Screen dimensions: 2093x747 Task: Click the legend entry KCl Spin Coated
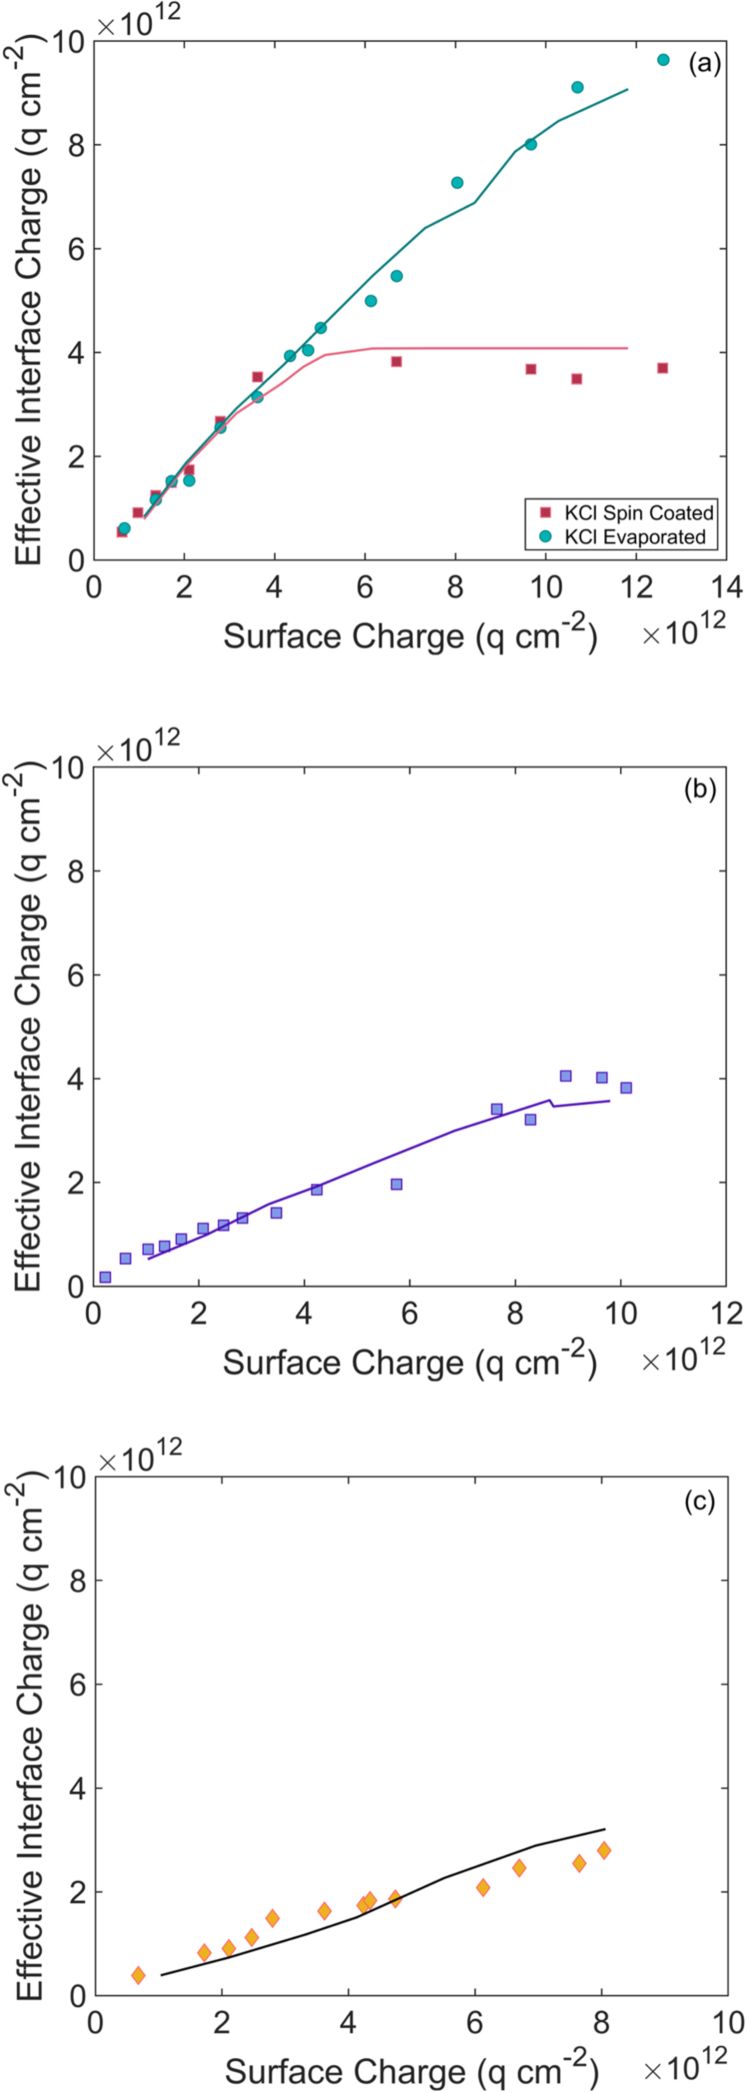[639, 512]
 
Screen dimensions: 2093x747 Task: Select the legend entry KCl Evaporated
[635, 537]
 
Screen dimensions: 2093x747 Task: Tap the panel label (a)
[704, 64]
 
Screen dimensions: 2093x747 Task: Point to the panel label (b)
[700, 788]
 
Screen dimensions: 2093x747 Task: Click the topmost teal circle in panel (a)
[663, 60]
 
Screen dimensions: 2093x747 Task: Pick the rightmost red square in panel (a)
[663, 368]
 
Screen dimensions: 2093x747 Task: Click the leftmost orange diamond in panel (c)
[138, 1975]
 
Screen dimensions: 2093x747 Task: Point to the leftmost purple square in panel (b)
[105, 1278]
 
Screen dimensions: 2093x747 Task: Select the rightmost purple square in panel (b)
[625, 1088]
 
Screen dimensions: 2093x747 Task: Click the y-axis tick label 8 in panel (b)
[75, 871]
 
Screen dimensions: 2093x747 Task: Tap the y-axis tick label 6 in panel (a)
[75, 249]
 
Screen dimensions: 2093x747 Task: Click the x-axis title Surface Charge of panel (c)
[410, 2071]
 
